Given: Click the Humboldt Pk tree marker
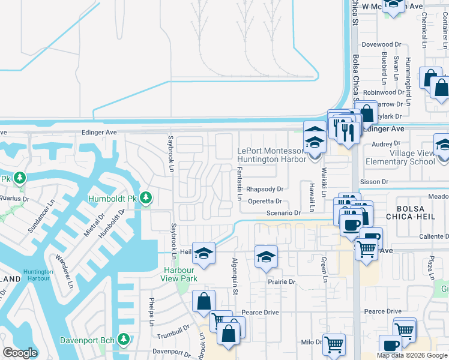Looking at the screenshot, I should tap(146, 197).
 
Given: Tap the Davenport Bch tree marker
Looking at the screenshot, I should tap(124, 340).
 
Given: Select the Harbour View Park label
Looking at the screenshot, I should tap(180, 274).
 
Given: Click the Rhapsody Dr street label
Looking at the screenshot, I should tap(265, 189).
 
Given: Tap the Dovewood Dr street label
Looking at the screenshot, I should tap(381, 44).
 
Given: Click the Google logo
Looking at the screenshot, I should tap(20, 352).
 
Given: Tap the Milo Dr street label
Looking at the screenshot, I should tap(312, 342).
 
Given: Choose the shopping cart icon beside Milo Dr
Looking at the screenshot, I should tap(334, 344).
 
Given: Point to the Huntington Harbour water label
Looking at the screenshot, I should tap(38, 275).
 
